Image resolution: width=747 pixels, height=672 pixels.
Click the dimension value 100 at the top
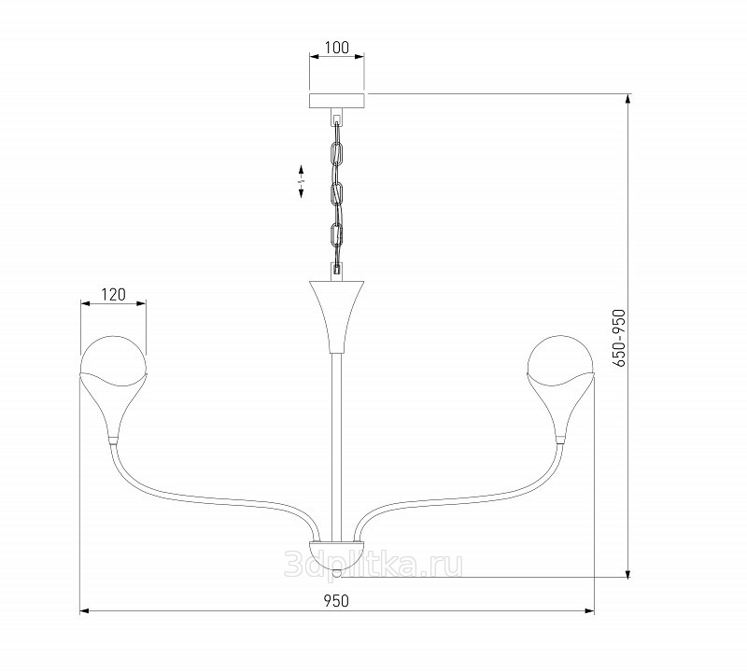click(336, 48)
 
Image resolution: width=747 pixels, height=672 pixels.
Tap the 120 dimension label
click(113, 295)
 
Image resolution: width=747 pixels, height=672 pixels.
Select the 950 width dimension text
click(336, 601)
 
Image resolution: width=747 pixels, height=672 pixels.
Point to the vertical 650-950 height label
click(618, 338)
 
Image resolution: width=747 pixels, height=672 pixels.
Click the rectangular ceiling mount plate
click(337, 101)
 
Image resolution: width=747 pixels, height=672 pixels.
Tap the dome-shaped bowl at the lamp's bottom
click(337, 554)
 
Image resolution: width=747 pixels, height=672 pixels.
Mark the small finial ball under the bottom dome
click(337, 573)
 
